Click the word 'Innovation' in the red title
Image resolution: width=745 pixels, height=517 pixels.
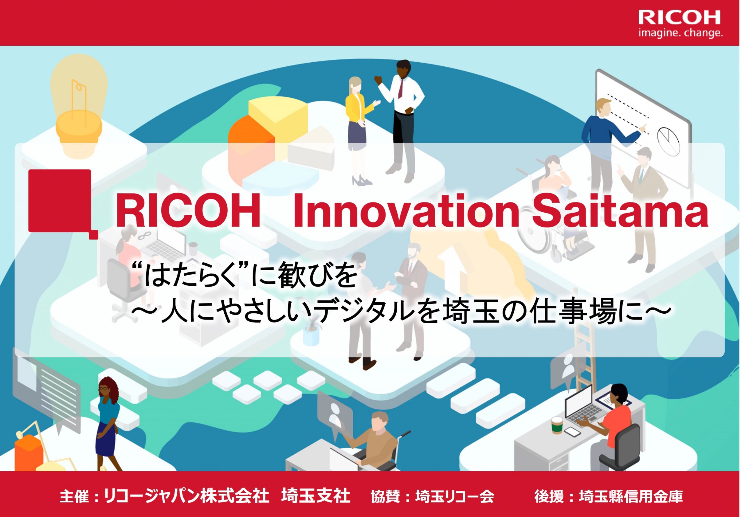[x=406, y=211]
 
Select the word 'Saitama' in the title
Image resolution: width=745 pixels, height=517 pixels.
[x=620, y=211]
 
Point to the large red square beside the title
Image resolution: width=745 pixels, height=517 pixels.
[x=60, y=201]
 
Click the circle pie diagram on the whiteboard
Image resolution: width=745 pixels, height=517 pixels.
[x=668, y=141]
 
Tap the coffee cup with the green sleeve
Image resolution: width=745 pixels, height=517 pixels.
[x=557, y=425]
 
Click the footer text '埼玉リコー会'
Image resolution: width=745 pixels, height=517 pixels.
[x=455, y=496]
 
